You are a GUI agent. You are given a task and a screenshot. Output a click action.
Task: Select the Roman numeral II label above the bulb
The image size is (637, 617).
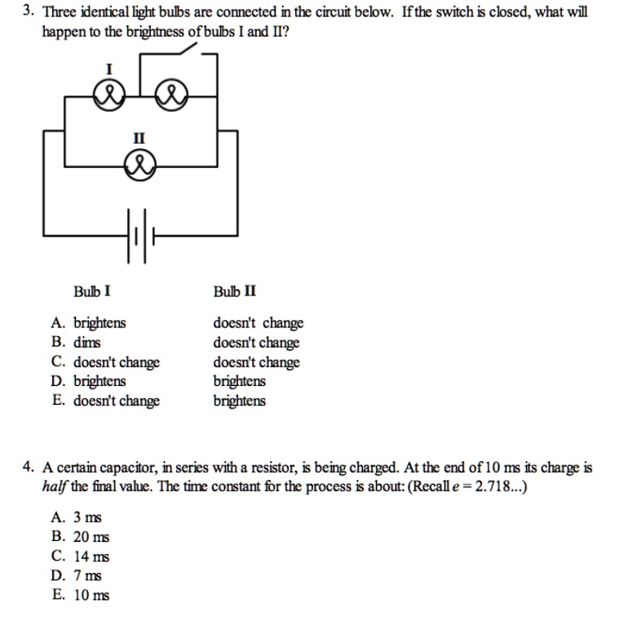coord(139,139)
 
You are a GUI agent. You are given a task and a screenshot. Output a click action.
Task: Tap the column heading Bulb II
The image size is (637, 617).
coord(235,291)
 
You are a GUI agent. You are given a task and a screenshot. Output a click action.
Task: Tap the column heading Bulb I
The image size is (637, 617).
coord(92,291)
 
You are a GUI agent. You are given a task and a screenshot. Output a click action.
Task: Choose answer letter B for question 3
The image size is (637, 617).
coord(57,343)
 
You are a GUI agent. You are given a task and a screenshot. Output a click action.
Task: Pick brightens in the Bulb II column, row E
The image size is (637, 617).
coord(240,401)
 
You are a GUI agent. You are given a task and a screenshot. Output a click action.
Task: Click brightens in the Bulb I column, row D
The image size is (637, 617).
coord(100,381)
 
